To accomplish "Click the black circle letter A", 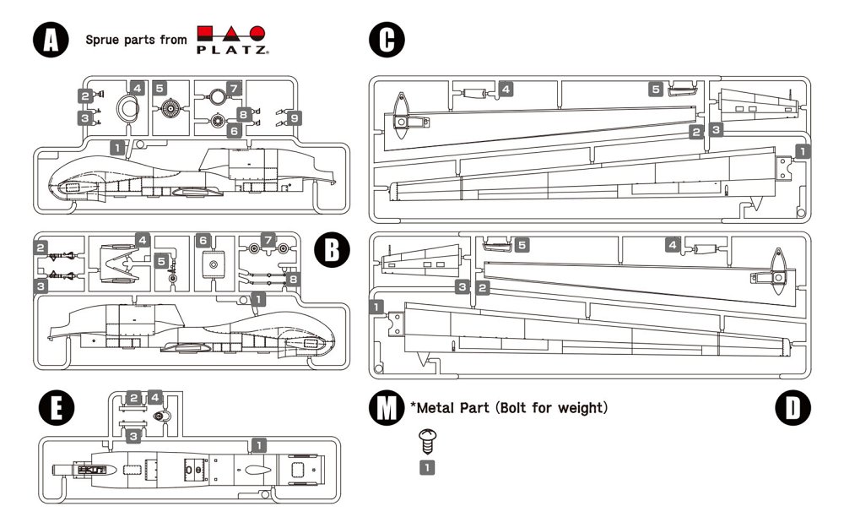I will (50, 39).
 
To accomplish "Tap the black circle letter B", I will (331, 249).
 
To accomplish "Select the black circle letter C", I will (387, 40).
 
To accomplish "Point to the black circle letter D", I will (792, 407).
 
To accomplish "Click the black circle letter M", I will (387, 407).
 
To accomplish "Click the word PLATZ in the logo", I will (233, 51).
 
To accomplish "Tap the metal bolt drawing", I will (427, 439).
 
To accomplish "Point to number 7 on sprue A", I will (235, 87).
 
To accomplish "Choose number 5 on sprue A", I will (160, 87).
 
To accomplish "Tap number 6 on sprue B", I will (203, 241).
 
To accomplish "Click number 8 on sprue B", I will (293, 278).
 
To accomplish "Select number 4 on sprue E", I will (154, 396).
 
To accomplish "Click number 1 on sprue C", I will (803, 151).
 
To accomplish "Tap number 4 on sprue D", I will (673, 245).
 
